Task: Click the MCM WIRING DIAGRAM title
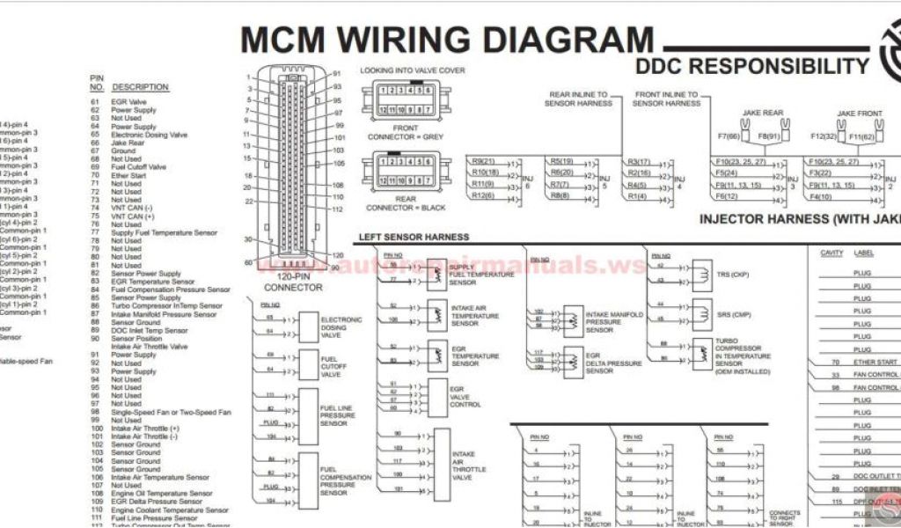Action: (x=447, y=40)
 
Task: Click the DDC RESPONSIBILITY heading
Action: (x=752, y=66)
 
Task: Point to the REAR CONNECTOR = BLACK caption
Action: (x=405, y=202)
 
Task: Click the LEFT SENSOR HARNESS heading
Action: (x=414, y=237)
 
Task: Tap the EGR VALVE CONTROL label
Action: (x=465, y=395)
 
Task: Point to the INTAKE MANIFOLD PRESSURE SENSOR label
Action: (x=614, y=322)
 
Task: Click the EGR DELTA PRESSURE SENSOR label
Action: (x=613, y=363)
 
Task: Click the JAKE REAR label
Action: (x=762, y=114)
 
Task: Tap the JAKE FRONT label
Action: (x=859, y=114)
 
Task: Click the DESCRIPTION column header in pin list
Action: (x=140, y=87)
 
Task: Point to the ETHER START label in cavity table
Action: (x=875, y=362)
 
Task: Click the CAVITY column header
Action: (x=831, y=253)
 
